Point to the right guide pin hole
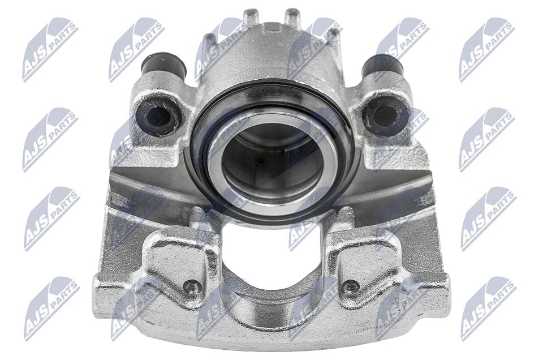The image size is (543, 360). coord(385,115)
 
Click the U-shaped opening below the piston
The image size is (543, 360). coord(272,256)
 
